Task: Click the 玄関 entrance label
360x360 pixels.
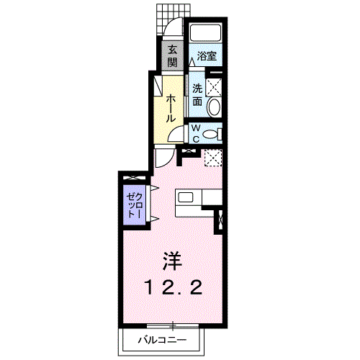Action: (172, 56)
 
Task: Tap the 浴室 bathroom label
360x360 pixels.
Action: (207, 56)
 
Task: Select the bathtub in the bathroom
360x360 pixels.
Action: (206, 33)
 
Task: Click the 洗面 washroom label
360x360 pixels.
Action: (197, 95)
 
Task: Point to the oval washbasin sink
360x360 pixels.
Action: (214, 107)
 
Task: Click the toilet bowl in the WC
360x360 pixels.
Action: (210, 134)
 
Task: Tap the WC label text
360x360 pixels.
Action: (196, 134)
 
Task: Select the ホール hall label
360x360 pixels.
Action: (171, 108)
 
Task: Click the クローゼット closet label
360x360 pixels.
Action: (135, 205)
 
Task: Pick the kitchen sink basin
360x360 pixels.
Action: (186, 197)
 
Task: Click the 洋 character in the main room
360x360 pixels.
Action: (172, 261)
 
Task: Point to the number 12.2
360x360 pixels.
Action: (173, 287)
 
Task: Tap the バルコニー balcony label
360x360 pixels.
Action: (162, 340)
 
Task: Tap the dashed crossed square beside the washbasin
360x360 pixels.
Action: (214, 87)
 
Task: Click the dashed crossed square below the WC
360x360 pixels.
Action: (213, 157)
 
